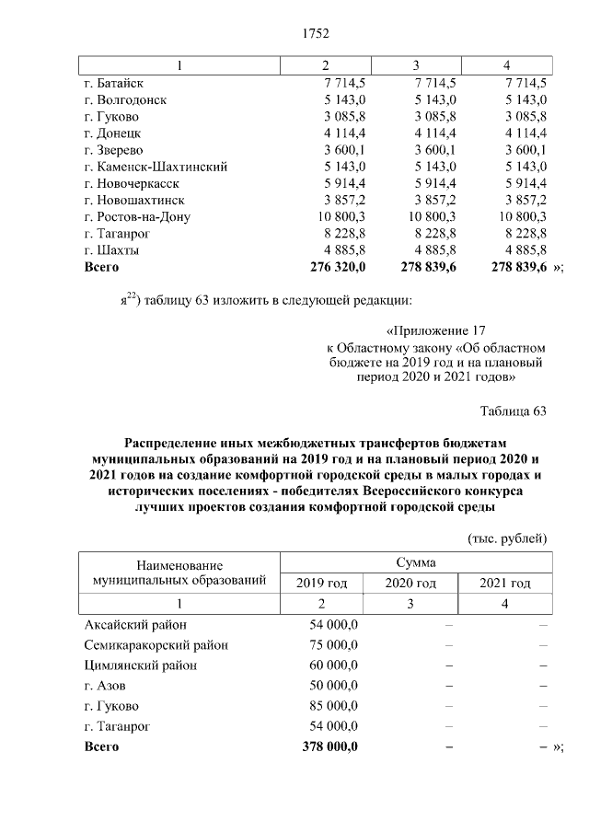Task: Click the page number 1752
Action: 316,34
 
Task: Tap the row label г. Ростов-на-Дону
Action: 137,216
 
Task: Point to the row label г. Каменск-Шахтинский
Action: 156,167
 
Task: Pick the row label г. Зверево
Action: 114,150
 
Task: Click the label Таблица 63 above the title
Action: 514,411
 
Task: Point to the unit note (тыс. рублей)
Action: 508,537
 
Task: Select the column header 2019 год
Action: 321,583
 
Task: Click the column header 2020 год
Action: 410,583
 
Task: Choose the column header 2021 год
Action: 505,583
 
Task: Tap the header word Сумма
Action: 416,561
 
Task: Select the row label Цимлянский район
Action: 141,665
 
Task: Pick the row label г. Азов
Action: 105,686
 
